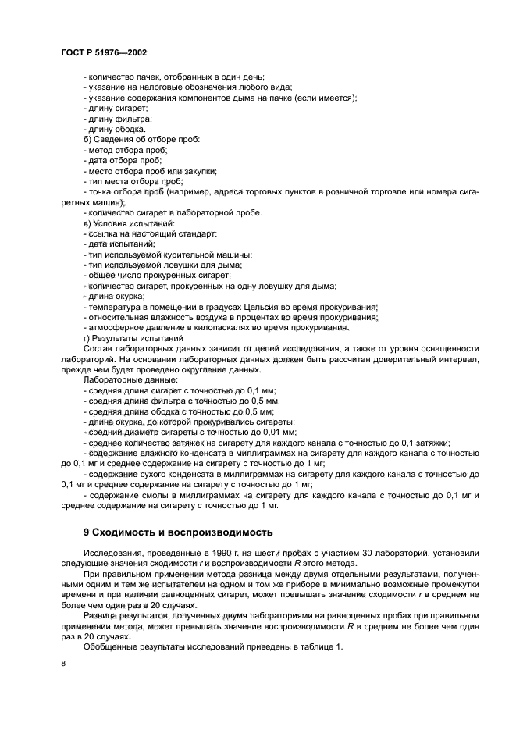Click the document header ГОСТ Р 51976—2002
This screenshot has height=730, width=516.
(x=104, y=52)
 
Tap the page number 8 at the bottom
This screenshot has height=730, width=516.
(x=63, y=664)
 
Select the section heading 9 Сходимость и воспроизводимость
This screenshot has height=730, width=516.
(x=178, y=532)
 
